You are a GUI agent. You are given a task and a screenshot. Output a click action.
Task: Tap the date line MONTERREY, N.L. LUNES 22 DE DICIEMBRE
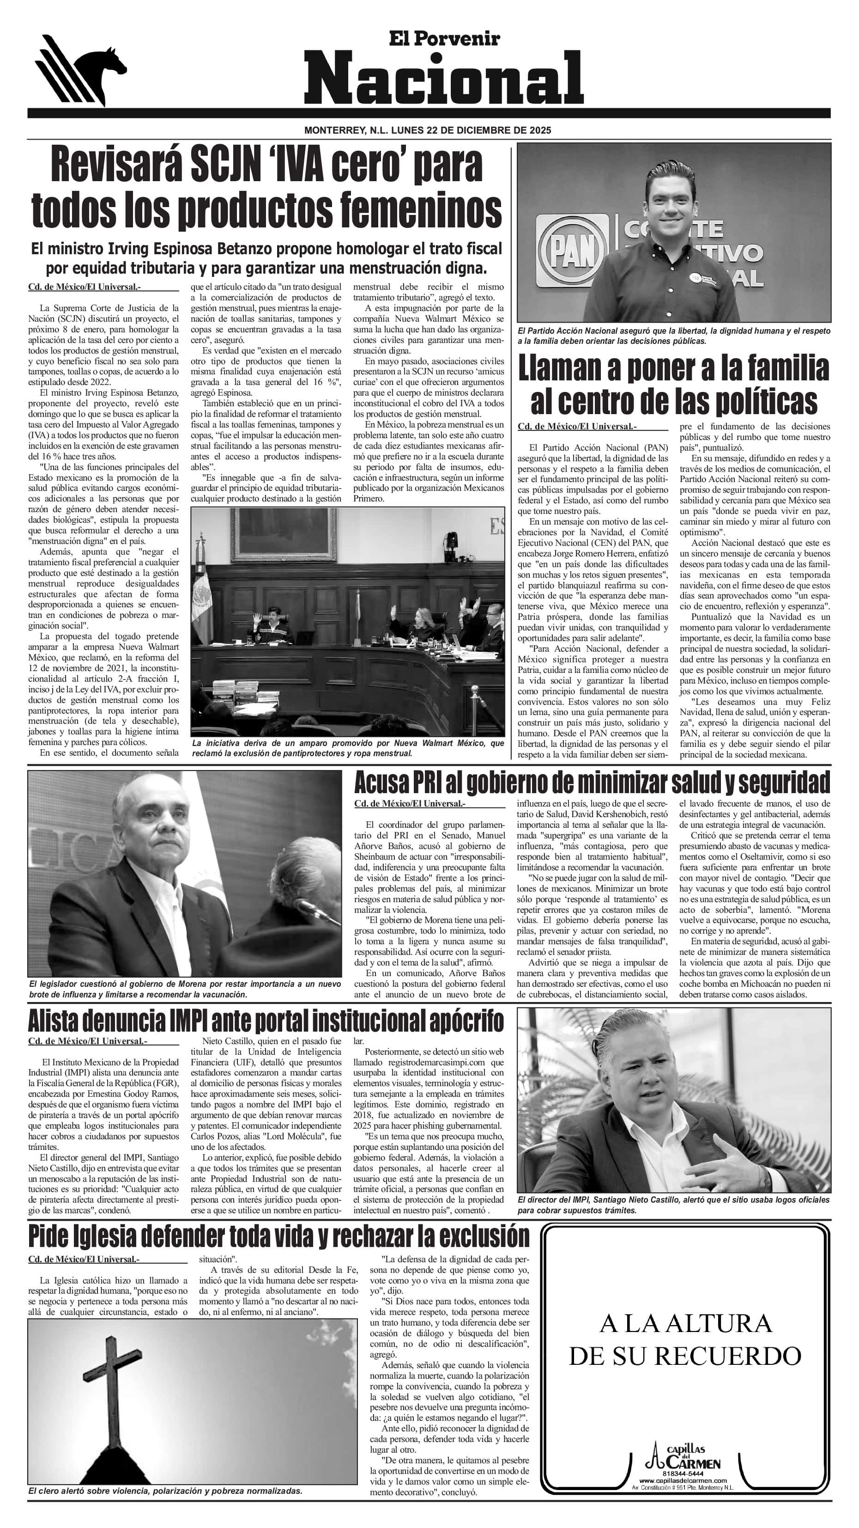427,130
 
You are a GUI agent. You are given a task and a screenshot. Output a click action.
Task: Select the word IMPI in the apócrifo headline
188,1021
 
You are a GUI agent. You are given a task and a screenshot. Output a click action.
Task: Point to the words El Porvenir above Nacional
444,39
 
